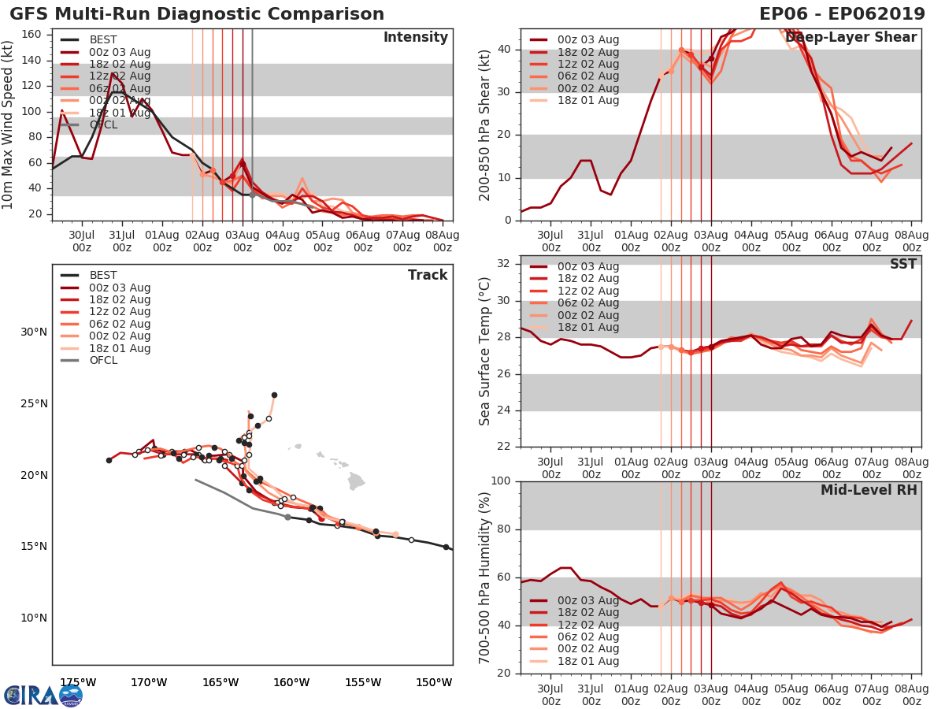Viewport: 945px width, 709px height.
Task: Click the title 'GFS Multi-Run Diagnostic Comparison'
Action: [x=197, y=14]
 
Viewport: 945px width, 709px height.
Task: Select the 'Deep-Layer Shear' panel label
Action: [x=850, y=38]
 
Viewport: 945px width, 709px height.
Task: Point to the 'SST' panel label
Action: [x=902, y=264]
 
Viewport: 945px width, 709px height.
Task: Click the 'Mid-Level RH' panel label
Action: [x=869, y=490]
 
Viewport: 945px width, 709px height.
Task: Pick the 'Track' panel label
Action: [x=427, y=275]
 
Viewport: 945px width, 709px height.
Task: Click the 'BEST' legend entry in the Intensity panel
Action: [x=103, y=39]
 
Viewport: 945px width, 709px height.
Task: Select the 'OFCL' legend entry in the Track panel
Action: [x=103, y=361]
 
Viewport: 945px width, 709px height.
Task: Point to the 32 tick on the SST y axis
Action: [x=506, y=263]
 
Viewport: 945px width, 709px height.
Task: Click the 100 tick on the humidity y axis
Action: [x=502, y=481]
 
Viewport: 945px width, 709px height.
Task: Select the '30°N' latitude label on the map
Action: [x=33, y=332]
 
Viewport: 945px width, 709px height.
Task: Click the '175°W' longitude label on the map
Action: [x=78, y=682]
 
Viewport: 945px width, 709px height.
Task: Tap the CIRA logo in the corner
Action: [x=43, y=695]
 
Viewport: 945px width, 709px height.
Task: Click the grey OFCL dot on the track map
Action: [x=287, y=517]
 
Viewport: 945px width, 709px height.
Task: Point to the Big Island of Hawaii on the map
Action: [x=356, y=480]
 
